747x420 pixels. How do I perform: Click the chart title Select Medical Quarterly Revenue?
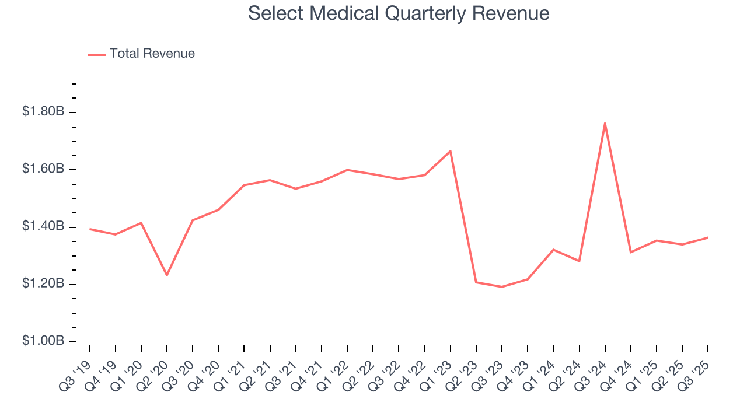pyautogui.click(x=399, y=13)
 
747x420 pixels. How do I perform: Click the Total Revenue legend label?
pyautogui.click(x=152, y=54)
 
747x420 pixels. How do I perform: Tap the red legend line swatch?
pyautogui.click(x=96, y=54)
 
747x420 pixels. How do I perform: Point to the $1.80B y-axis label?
pyautogui.click(x=43, y=111)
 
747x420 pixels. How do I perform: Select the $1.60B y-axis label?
pyautogui.click(x=43, y=169)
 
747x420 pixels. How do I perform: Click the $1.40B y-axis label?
pyautogui.click(x=43, y=226)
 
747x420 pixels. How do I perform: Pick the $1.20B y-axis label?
pyautogui.click(x=43, y=283)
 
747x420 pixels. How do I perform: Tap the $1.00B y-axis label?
pyautogui.click(x=43, y=341)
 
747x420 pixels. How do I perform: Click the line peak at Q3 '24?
pyautogui.click(x=605, y=123)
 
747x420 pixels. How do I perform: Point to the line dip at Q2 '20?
pyautogui.click(x=167, y=275)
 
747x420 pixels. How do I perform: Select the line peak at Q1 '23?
pyautogui.click(x=451, y=151)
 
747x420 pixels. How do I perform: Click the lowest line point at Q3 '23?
pyautogui.click(x=502, y=287)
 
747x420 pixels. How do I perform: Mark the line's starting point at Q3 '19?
pyautogui.click(x=89, y=229)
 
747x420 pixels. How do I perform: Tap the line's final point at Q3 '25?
pyautogui.click(x=708, y=237)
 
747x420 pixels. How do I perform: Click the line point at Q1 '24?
pyautogui.click(x=553, y=250)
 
